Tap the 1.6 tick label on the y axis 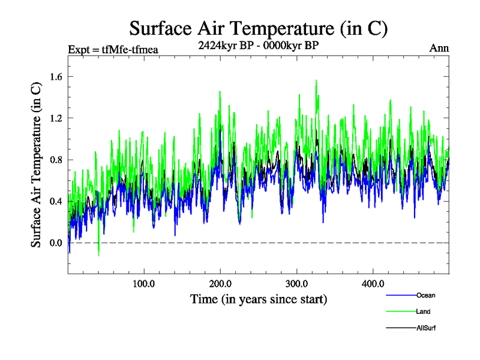tap(56, 76)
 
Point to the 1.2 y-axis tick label tap(56, 118)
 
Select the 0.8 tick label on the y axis tap(56, 160)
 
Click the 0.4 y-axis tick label tap(56, 201)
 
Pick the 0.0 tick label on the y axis tap(56, 242)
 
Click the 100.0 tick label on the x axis tap(144, 284)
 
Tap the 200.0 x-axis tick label tap(221, 284)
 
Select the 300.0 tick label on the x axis tap(297, 284)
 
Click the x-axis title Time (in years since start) tap(259, 298)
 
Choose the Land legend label tap(423, 311)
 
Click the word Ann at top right tap(439, 49)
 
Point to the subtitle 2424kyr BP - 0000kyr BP tap(259, 44)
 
